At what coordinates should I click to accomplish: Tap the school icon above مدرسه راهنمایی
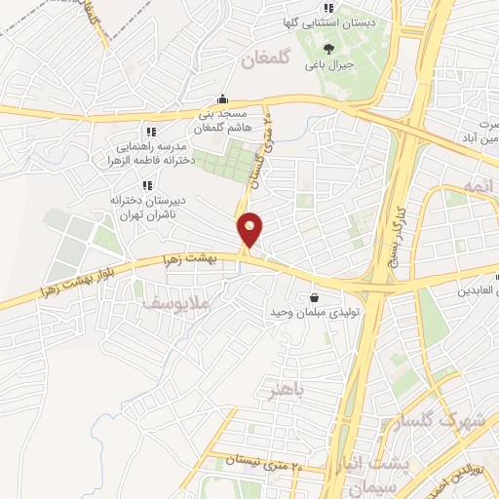(x=149, y=132)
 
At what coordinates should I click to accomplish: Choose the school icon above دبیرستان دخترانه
(x=146, y=185)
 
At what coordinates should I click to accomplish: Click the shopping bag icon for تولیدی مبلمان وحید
(x=314, y=297)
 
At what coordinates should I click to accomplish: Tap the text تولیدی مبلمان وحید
(x=315, y=315)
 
